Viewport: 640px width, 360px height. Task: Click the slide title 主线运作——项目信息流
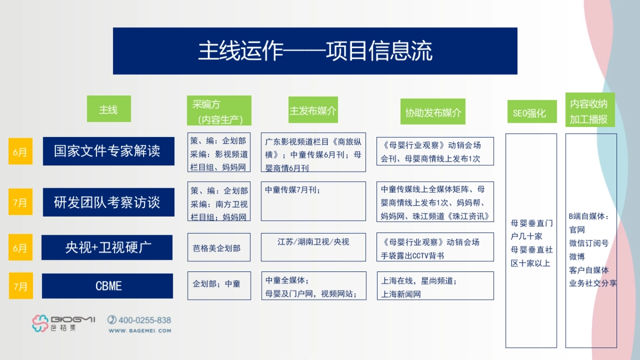[x=315, y=51]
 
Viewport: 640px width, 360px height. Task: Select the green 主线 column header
[x=108, y=109]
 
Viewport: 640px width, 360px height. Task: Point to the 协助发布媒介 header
[x=433, y=112]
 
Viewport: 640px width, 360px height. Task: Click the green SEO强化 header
[x=529, y=113]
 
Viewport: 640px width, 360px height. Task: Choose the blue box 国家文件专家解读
[x=108, y=151]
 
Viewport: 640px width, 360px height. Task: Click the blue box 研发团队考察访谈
[x=108, y=202]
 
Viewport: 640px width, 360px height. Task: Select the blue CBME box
[x=108, y=286]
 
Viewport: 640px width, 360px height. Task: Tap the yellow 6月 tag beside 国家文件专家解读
[x=20, y=151]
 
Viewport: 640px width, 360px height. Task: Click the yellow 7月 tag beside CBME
[x=20, y=286]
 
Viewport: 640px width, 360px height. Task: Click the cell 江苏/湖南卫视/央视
[x=313, y=242]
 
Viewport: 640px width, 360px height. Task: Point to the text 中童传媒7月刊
[x=293, y=189]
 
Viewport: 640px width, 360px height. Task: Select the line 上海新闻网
[x=401, y=294]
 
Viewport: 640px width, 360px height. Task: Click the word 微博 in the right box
[x=577, y=257]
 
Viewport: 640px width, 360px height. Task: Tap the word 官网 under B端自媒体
[x=577, y=230]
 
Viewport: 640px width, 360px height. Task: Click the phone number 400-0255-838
[x=145, y=320]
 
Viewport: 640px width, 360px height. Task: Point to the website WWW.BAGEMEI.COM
[x=140, y=331]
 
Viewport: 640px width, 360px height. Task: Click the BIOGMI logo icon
[x=41, y=323]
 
